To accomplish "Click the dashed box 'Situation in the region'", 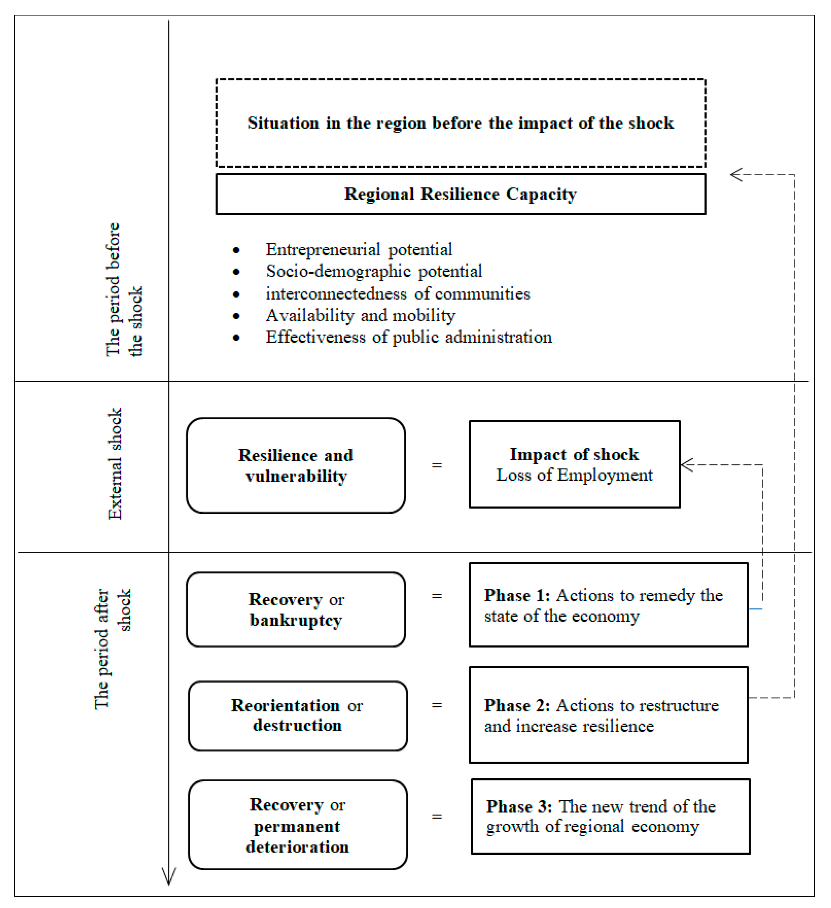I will click(460, 123).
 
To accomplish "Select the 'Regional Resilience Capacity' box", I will click(460, 194).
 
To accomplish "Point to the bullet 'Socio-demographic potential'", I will click(374, 271).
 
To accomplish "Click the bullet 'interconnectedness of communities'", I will click(398, 294).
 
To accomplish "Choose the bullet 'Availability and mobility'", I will click(360, 315).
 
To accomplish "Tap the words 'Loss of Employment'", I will click(574, 475).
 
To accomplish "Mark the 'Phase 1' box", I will click(608, 605).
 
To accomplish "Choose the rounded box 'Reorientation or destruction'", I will click(297, 715).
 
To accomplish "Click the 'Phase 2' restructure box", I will click(608, 715).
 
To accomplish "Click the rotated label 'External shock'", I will click(115, 464).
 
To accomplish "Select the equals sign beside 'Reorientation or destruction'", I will click(436, 705).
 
